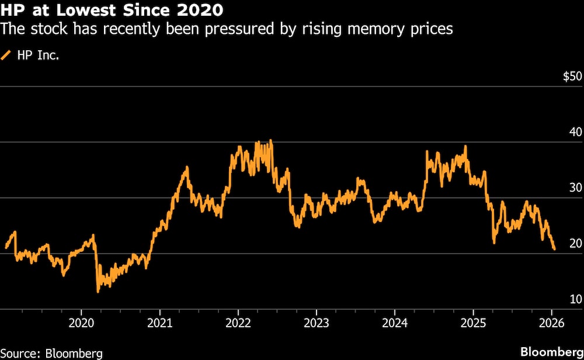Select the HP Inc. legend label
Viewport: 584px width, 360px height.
38,56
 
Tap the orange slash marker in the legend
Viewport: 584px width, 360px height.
7,56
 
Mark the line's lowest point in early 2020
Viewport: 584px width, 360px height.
98,290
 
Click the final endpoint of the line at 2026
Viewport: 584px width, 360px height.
554,250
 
